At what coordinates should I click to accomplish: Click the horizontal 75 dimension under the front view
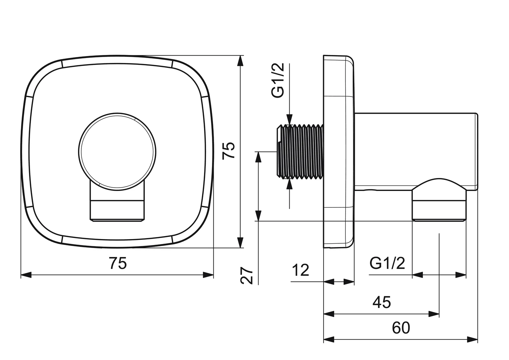(118, 263)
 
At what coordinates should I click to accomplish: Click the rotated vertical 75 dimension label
(228, 151)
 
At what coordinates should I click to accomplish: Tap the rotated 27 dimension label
(247, 276)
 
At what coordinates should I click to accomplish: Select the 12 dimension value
(300, 270)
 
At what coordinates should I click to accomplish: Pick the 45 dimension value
(382, 302)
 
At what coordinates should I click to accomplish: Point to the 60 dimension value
(401, 328)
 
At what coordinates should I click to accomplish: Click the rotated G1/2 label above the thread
(278, 80)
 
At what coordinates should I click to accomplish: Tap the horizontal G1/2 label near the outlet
(387, 263)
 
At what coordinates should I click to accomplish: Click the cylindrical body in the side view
(416, 151)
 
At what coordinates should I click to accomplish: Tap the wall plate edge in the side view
(339, 152)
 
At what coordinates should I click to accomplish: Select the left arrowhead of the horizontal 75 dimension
(26, 275)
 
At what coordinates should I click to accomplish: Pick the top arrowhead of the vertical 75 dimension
(240, 60)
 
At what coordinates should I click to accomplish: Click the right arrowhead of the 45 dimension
(434, 314)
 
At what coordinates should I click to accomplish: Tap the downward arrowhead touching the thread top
(289, 119)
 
